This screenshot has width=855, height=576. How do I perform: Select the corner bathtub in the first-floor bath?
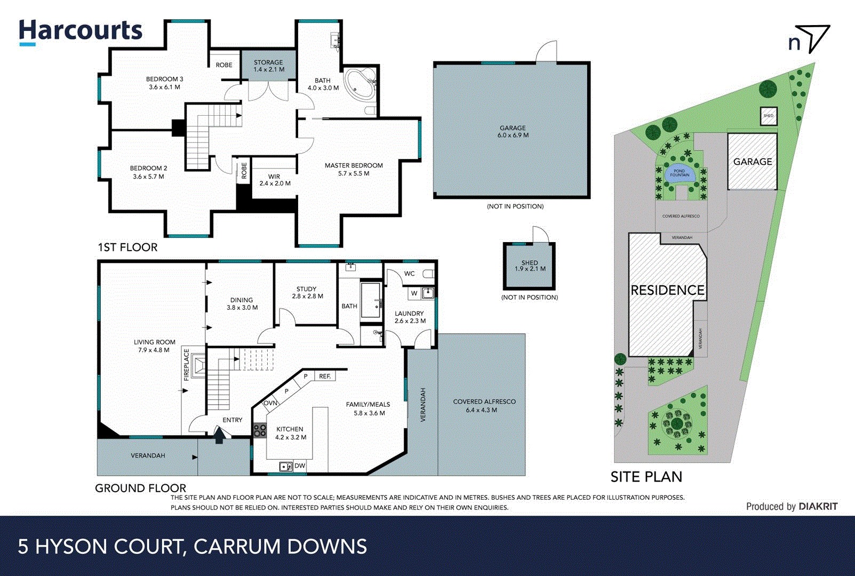pos(359,84)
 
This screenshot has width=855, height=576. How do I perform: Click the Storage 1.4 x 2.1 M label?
pos(268,66)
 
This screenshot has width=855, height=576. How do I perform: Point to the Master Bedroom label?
pos(354,169)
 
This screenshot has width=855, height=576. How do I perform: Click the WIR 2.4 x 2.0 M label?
pos(275,180)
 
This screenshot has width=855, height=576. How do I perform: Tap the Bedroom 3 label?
pos(164,83)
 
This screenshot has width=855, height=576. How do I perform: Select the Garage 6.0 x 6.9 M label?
pos(513,131)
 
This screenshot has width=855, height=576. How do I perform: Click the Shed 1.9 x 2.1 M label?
pos(530,266)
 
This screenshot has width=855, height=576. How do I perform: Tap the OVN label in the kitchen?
pos(270,403)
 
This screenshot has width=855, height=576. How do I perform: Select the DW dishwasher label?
pos(300,466)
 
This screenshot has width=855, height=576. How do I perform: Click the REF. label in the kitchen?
pos(325,376)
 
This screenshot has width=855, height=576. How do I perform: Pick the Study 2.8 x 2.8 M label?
pos(307,292)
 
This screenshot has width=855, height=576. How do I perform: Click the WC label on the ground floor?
pos(409,274)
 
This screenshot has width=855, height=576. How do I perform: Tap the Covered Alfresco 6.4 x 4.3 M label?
pos(484,405)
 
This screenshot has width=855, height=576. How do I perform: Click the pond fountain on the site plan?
pos(679,173)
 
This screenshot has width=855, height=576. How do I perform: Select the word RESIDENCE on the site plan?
pos(667,290)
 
